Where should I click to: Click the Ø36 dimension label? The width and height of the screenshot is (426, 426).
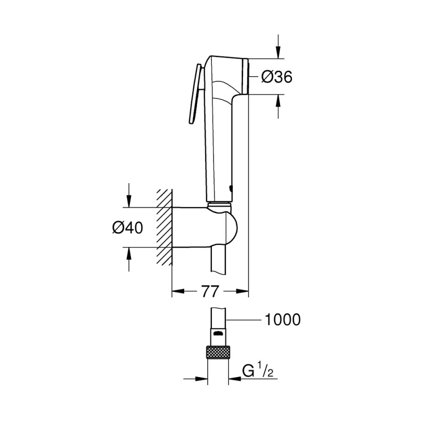coord(277,77)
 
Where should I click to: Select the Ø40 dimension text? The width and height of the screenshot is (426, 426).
coord(128,228)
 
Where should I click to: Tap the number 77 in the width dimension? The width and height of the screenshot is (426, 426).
coord(211,291)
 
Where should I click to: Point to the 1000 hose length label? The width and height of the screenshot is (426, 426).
coord(282,319)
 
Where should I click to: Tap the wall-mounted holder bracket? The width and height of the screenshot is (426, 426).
coord(205,226)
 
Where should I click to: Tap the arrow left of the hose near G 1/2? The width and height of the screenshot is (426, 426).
coord(202,379)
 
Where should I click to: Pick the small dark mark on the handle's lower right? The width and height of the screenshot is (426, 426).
coord(231,187)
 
